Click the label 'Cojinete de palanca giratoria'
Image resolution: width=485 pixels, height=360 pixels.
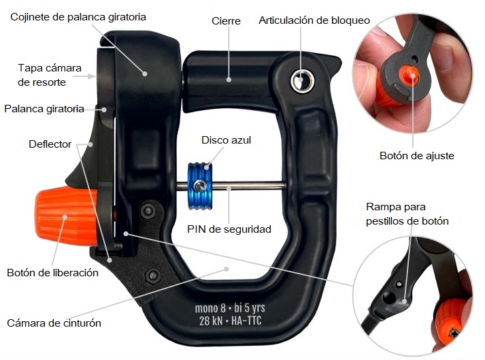pos(78,16)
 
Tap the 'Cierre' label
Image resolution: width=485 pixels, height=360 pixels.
pos(226,20)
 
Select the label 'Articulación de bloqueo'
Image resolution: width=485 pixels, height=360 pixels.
pos(314,20)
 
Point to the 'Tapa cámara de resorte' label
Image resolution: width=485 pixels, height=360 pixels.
pos(50,75)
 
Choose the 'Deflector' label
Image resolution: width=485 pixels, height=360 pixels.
pos(50,144)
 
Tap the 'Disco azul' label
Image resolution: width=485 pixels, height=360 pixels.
pos(227,140)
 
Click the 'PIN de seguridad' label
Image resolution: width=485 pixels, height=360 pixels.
pos(229,229)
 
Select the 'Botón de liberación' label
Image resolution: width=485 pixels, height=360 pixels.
pos(53,273)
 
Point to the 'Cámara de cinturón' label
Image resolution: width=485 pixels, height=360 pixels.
pos(54,323)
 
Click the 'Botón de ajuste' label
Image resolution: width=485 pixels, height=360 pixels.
pos(416,156)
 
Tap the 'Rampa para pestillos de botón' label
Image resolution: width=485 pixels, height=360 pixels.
pos(407,212)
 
